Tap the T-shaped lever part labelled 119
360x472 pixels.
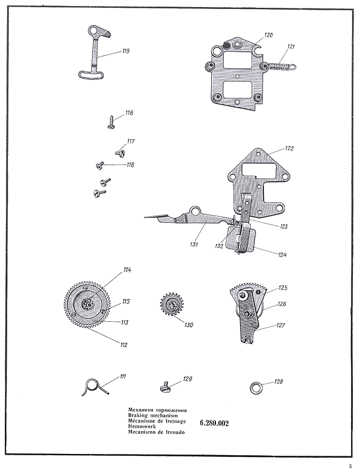click(x=94, y=55)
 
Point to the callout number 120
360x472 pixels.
click(x=268, y=35)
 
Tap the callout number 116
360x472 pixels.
click(x=130, y=165)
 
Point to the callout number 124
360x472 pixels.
click(x=282, y=255)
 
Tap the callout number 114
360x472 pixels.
click(x=127, y=270)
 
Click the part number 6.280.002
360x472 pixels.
click(x=213, y=423)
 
